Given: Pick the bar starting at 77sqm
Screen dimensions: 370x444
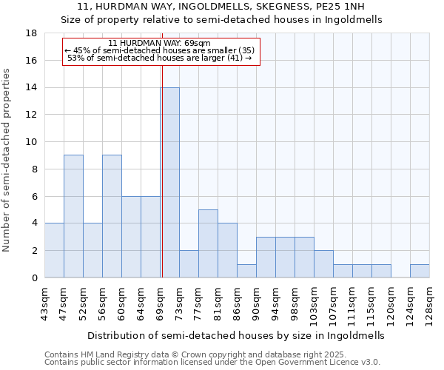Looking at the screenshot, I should pos(208,243).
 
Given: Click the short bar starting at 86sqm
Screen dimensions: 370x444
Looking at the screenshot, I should pos(246,271).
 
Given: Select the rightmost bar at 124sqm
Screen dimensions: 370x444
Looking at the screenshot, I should pos(420,271).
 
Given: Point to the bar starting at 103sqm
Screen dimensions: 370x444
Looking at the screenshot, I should pos(323,264).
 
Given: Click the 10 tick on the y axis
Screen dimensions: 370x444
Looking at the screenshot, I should pos(32,142).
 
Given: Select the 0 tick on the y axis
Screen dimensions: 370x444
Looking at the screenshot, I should pos(35,278).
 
